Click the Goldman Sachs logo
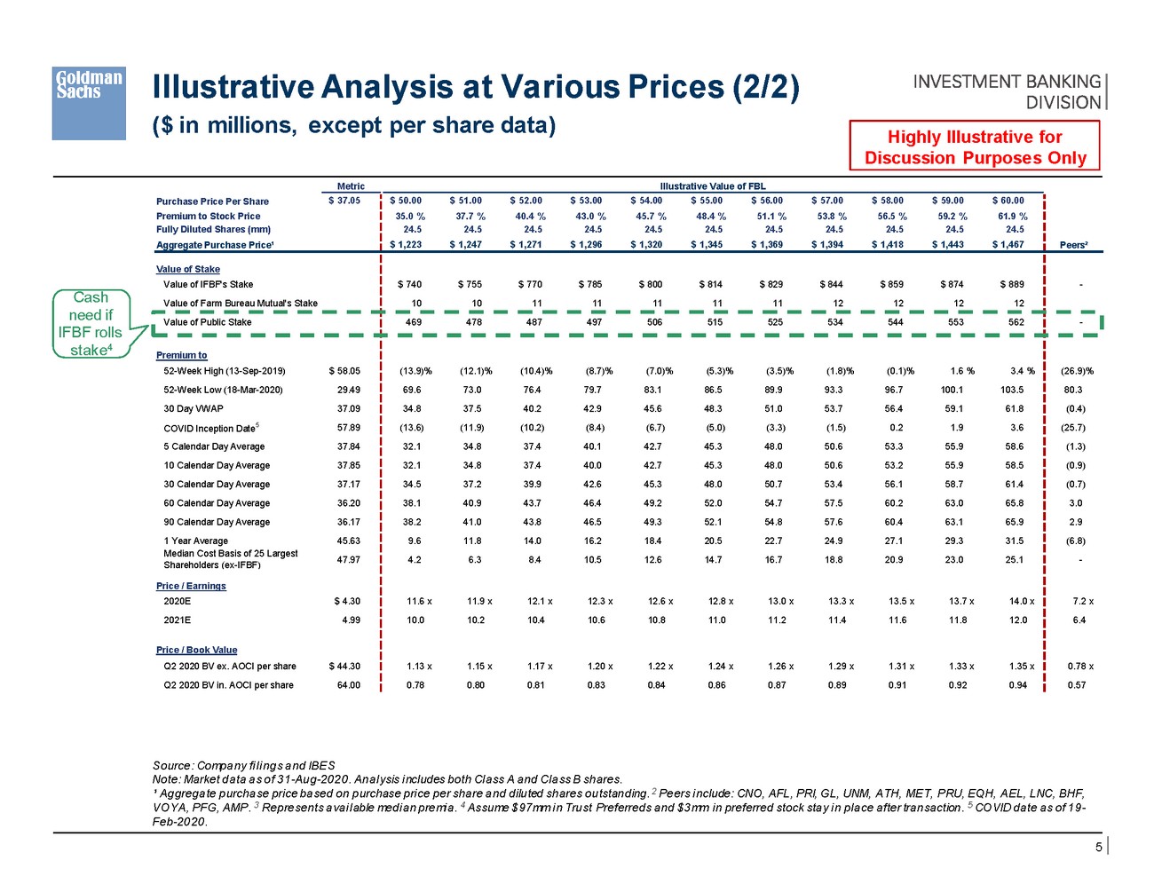(x=89, y=103)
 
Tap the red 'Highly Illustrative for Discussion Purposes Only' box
(x=975, y=147)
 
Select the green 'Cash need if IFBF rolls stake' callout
(x=91, y=324)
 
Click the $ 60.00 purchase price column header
(x=1008, y=201)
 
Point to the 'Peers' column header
(x=1074, y=245)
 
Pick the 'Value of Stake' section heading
(x=188, y=269)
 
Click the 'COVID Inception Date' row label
(x=210, y=428)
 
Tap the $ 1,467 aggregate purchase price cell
(x=1008, y=244)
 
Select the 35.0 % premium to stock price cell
(x=409, y=216)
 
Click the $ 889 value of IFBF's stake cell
(x=1010, y=284)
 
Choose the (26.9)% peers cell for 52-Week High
(x=1077, y=371)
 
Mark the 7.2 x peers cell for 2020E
(x=1079, y=601)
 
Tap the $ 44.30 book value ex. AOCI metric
(x=344, y=666)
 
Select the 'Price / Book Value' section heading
(x=196, y=650)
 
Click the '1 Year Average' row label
(x=195, y=541)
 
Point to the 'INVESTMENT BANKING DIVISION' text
(x=1007, y=91)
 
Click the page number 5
(x=1098, y=847)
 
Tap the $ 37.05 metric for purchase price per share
(x=344, y=201)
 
